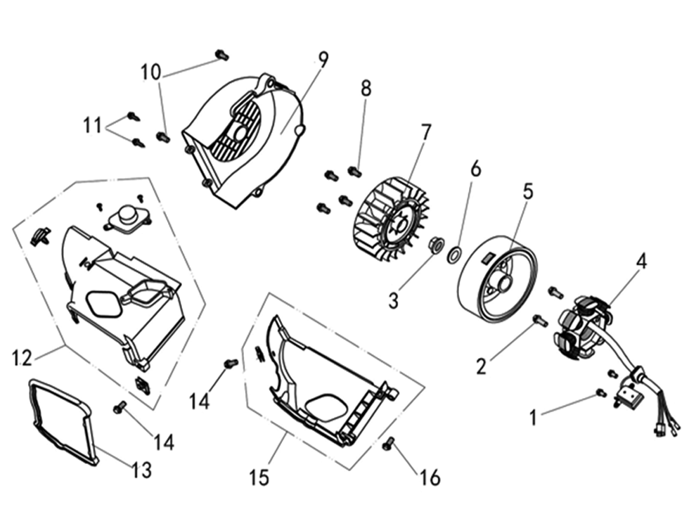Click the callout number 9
pyautogui.click(x=323, y=59)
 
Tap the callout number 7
pyautogui.click(x=425, y=132)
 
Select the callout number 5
pyautogui.click(x=528, y=191)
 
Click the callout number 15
pyautogui.click(x=259, y=477)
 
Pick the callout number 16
pyautogui.click(x=430, y=477)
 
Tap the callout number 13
pyautogui.click(x=142, y=470)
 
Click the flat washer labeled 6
pyautogui.click(x=454, y=254)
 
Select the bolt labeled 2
pyautogui.click(x=540, y=321)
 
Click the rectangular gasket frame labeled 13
pyautogui.click(x=62, y=422)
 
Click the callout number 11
pyautogui.click(x=92, y=126)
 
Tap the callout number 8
pyautogui.click(x=366, y=88)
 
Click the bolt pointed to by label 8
pyautogui.click(x=354, y=170)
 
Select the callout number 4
pyautogui.click(x=641, y=262)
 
